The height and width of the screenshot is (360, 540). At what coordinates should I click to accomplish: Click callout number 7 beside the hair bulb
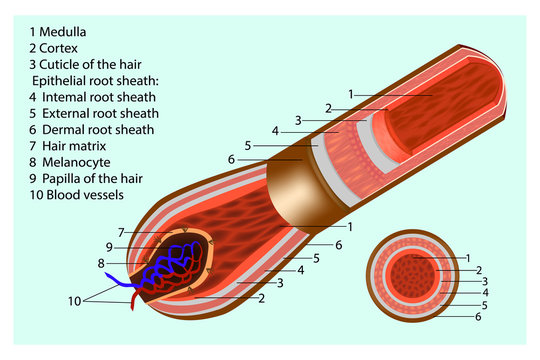coord(120,233)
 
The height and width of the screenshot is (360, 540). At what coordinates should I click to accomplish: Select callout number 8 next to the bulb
coord(100,264)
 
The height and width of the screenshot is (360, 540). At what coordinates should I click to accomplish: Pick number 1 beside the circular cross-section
coord(467,259)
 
